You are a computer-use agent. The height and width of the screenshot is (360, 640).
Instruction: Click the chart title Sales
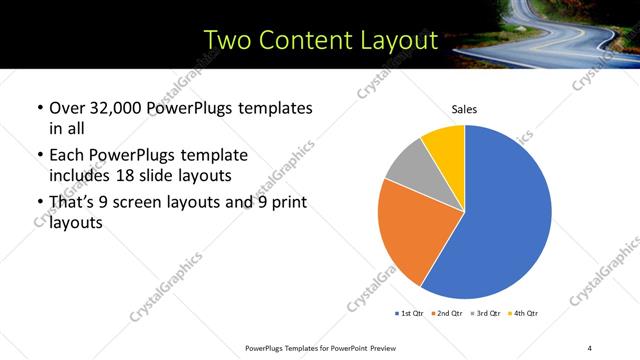[464, 108]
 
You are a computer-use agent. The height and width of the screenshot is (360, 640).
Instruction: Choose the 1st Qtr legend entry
[409, 314]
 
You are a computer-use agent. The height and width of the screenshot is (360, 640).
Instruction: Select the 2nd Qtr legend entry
[446, 314]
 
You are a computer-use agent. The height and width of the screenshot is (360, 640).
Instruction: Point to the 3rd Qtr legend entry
[486, 314]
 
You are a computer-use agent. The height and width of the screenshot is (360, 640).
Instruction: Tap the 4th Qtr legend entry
[524, 314]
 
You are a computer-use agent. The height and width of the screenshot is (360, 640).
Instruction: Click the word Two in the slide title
[225, 40]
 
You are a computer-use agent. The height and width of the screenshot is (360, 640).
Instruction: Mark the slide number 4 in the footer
[590, 346]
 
